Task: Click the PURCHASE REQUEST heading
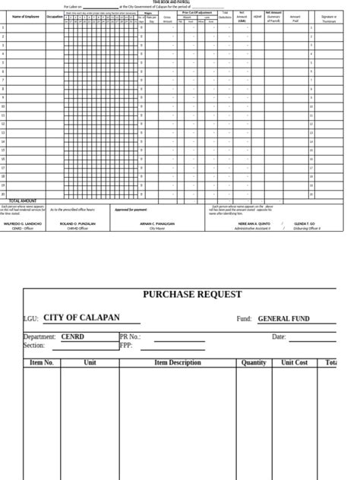click(x=192, y=295)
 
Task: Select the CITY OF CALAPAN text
click(x=81, y=318)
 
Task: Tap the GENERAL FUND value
click(x=284, y=319)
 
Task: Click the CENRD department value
click(x=73, y=336)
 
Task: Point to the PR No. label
click(x=130, y=336)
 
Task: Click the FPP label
click(x=127, y=346)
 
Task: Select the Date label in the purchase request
click(x=279, y=336)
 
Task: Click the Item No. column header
click(x=42, y=363)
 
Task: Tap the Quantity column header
click(x=254, y=363)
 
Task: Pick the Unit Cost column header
click(x=295, y=363)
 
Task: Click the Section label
click(x=34, y=346)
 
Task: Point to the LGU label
click(x=31, y=320)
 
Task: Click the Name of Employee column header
click(x=27, y=16)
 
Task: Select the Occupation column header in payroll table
click(x=55, y=16)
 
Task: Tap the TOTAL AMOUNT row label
click(x=23, y=201)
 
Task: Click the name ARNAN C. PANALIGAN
click(x=157, y=224)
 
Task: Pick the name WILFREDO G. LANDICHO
click(x=23, y=224)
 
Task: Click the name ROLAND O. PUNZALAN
click(x=77, y=224)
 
